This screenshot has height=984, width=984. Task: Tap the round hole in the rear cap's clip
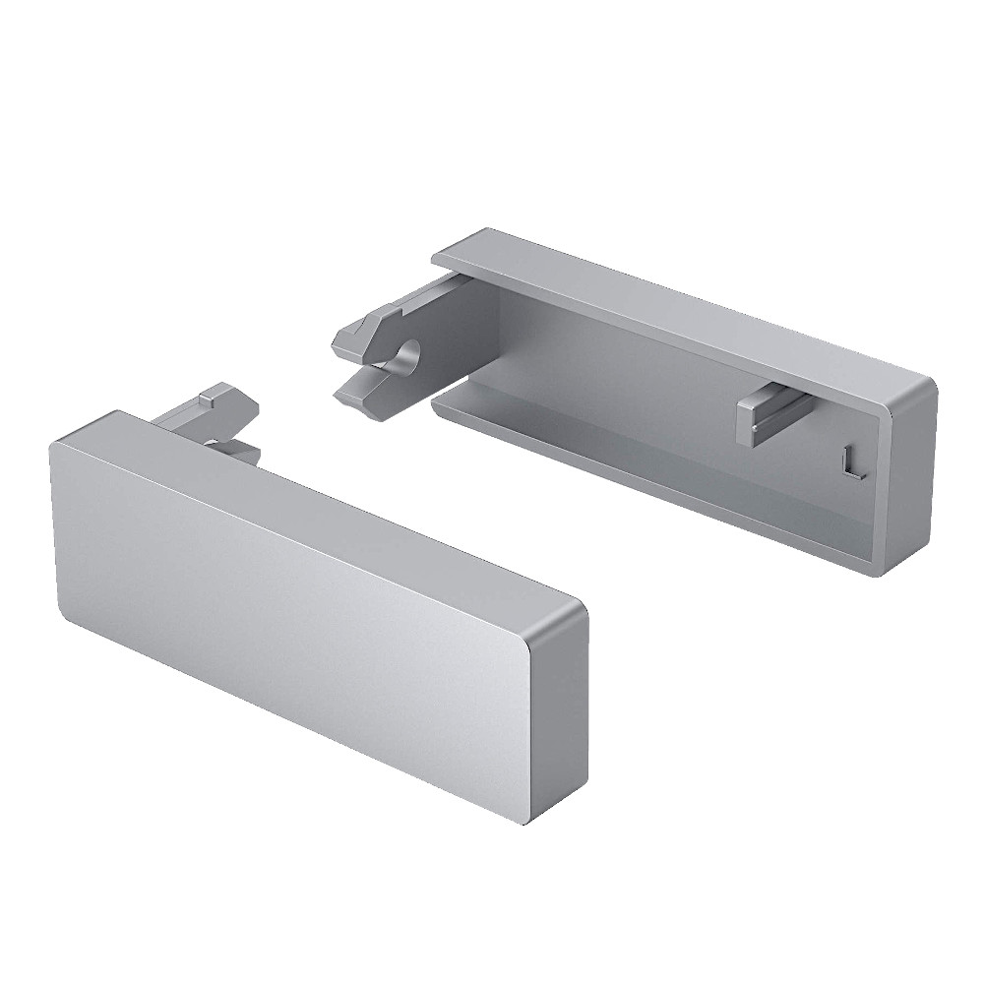point(407,356)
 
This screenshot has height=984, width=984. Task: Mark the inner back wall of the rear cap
point(630,374)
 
